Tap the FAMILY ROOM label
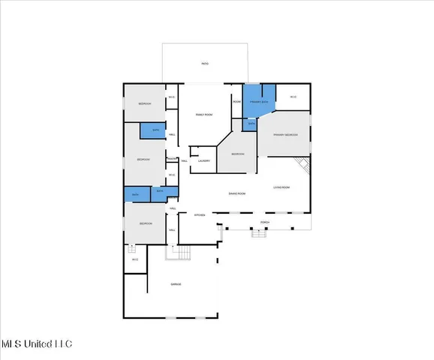(x=204, y=114)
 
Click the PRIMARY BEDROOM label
(x=285, y=134)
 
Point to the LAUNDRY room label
(x=203, y=160)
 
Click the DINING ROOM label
(x=237, y=193)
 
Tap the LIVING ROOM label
(x=282, y=187)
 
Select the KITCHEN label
(x=200, y=215)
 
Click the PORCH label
(x=264, y=223)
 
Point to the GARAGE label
(x=175, y=284)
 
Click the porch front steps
(x=259, y=233)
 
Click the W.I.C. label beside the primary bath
(x=293, y=97)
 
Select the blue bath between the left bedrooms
(x=155, y=130)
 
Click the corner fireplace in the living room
(x=302, y=165)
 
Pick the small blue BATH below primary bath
(x=252, y=123)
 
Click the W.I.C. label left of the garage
(x=134, y=259)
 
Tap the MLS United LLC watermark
(x=36, y=344)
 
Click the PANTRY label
(x=172, y=159)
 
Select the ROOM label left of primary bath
(x=237, y=101)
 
